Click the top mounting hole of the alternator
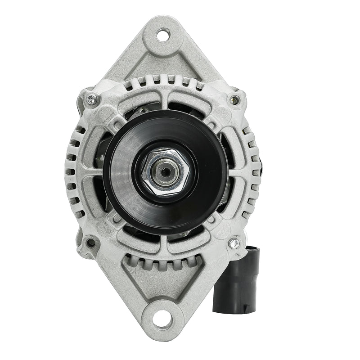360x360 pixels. point(163,33)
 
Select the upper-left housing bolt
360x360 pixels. point(91,100)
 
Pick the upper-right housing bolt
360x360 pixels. point(234,100)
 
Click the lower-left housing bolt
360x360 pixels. point(91,243)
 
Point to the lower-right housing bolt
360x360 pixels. point(233,243)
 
